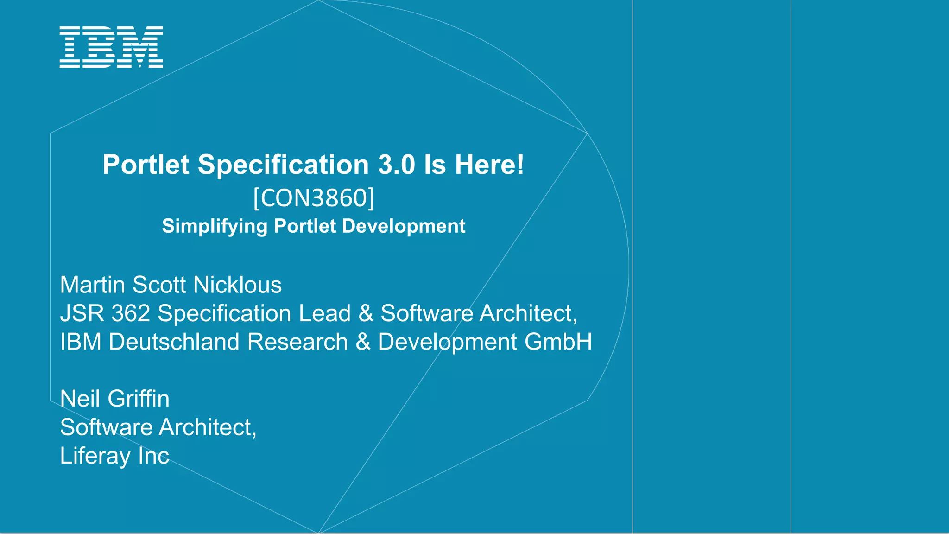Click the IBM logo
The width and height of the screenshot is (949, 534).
pos(111,47)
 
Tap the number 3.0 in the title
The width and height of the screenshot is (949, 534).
pos(397,165)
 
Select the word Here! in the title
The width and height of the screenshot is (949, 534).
pos(489,165)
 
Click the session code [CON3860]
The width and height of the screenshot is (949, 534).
pos(314,198)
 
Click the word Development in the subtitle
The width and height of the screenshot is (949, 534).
pos(404,226)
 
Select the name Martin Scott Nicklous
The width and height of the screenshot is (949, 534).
pos(171,285)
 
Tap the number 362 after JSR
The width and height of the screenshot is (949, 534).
pos(131,313)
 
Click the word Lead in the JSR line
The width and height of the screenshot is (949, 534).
pos(324,313)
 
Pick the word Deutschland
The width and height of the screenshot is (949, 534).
pos(174,342)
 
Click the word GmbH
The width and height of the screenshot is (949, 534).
pos(558,342)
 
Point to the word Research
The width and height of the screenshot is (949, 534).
pos(297,342)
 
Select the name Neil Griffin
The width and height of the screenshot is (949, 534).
pos(115,399)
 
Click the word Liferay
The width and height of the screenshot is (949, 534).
pos(95,456)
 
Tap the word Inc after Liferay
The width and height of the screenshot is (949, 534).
pos(153,456)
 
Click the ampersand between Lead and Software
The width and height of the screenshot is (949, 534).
pos(366,314)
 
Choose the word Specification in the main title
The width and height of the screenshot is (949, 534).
pos(283,165)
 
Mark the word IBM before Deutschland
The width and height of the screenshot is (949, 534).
pos(81,342)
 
